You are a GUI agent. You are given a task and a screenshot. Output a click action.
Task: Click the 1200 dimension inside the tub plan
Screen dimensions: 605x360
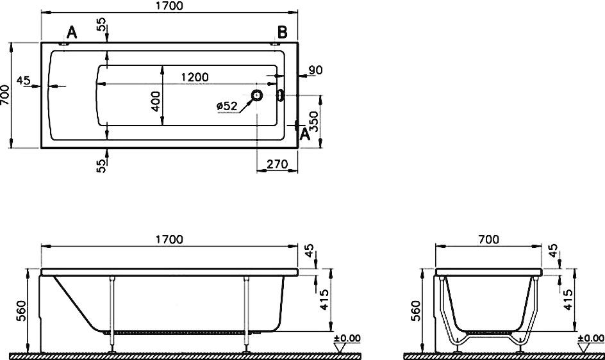195,77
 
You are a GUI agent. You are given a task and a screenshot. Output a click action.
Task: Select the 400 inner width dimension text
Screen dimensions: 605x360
156,101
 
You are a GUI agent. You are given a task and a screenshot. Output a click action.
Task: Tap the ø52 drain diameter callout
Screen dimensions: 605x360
227,105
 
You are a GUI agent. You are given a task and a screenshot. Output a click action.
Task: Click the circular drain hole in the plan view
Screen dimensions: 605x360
256,95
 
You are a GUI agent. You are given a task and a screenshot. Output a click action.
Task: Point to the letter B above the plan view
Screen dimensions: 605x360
283,33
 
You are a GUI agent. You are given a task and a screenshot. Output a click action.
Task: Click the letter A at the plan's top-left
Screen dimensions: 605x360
72,33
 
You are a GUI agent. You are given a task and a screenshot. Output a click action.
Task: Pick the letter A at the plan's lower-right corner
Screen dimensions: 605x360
305,135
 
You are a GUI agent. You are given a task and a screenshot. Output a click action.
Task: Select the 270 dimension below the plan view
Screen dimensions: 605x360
277,165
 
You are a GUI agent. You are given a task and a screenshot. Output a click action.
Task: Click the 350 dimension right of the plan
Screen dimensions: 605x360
315,121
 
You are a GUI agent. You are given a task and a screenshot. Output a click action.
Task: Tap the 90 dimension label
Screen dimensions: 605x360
315,70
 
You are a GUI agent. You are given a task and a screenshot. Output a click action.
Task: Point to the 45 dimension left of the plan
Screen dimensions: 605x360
24,81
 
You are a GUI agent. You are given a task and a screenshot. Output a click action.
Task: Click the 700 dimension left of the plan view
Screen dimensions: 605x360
5,95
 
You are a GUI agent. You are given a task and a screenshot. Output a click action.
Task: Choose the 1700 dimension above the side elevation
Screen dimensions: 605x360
169,240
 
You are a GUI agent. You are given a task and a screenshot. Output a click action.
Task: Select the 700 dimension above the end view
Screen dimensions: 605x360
488,240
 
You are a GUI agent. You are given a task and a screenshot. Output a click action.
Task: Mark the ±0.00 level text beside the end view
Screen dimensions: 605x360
591,338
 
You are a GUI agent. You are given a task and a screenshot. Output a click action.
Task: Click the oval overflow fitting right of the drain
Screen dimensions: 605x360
281,95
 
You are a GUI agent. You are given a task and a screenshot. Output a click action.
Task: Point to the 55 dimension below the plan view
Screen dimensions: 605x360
101,166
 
